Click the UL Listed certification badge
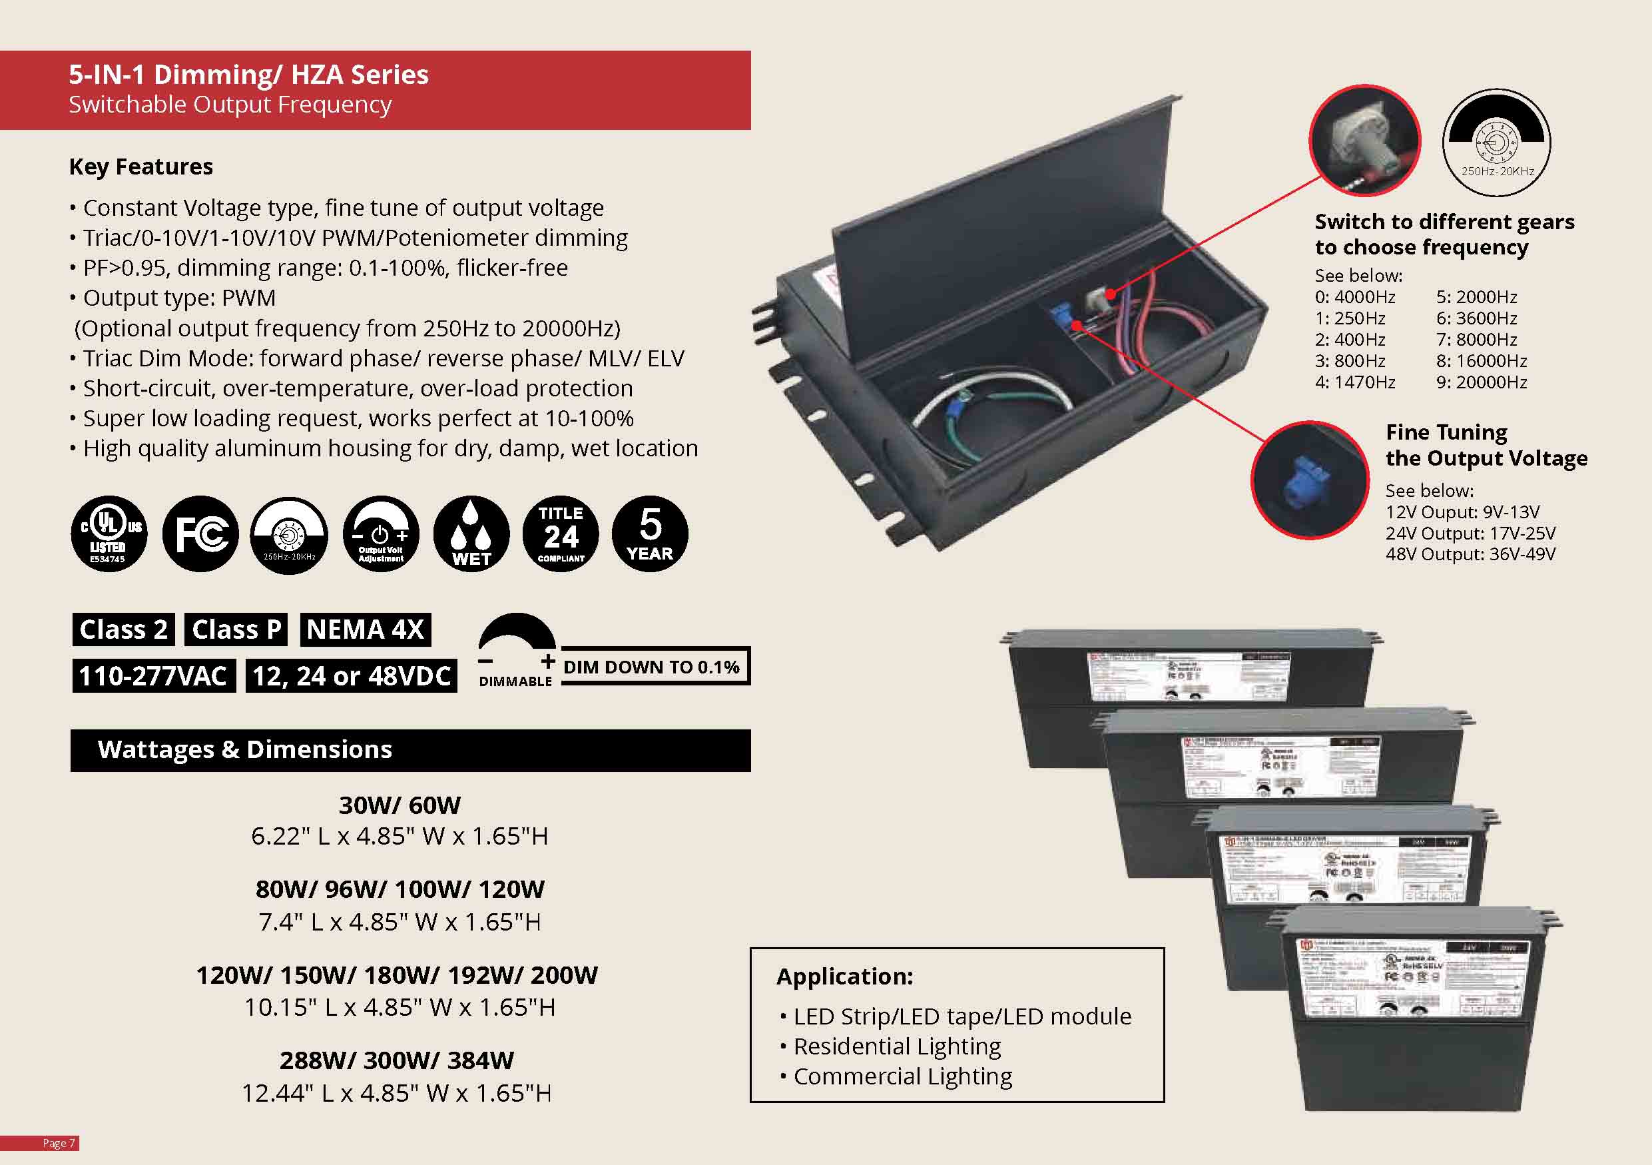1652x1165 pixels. [x=109, y=534]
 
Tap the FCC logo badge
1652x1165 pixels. [x=200, y=534]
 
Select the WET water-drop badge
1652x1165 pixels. [x=471, y=534]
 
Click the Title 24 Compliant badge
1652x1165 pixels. [x=561, y=534]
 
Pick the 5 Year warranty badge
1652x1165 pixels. [x=650, y=534]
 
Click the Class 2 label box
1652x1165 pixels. [x=123, y=629]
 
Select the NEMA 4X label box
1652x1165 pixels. [x=366, y=629]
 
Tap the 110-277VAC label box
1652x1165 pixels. [x=153, y=676]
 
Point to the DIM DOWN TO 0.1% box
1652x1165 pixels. [x=653, y=667]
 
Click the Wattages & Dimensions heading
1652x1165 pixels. [x=244, y=750]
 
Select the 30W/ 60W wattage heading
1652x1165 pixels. [x=400, y=805]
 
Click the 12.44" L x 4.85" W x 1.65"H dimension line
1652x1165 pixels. [x=396, y=1093]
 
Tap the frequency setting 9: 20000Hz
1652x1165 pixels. [x=1482, y=382]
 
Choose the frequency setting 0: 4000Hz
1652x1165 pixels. [x=1355, y=297]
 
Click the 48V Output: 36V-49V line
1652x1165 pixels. [x=1470, y=554]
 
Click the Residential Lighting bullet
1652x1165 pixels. [x=896, y=1046]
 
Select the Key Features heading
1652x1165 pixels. [x=141, y=167]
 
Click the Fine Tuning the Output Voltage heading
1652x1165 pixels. [x=1486, y=445]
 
